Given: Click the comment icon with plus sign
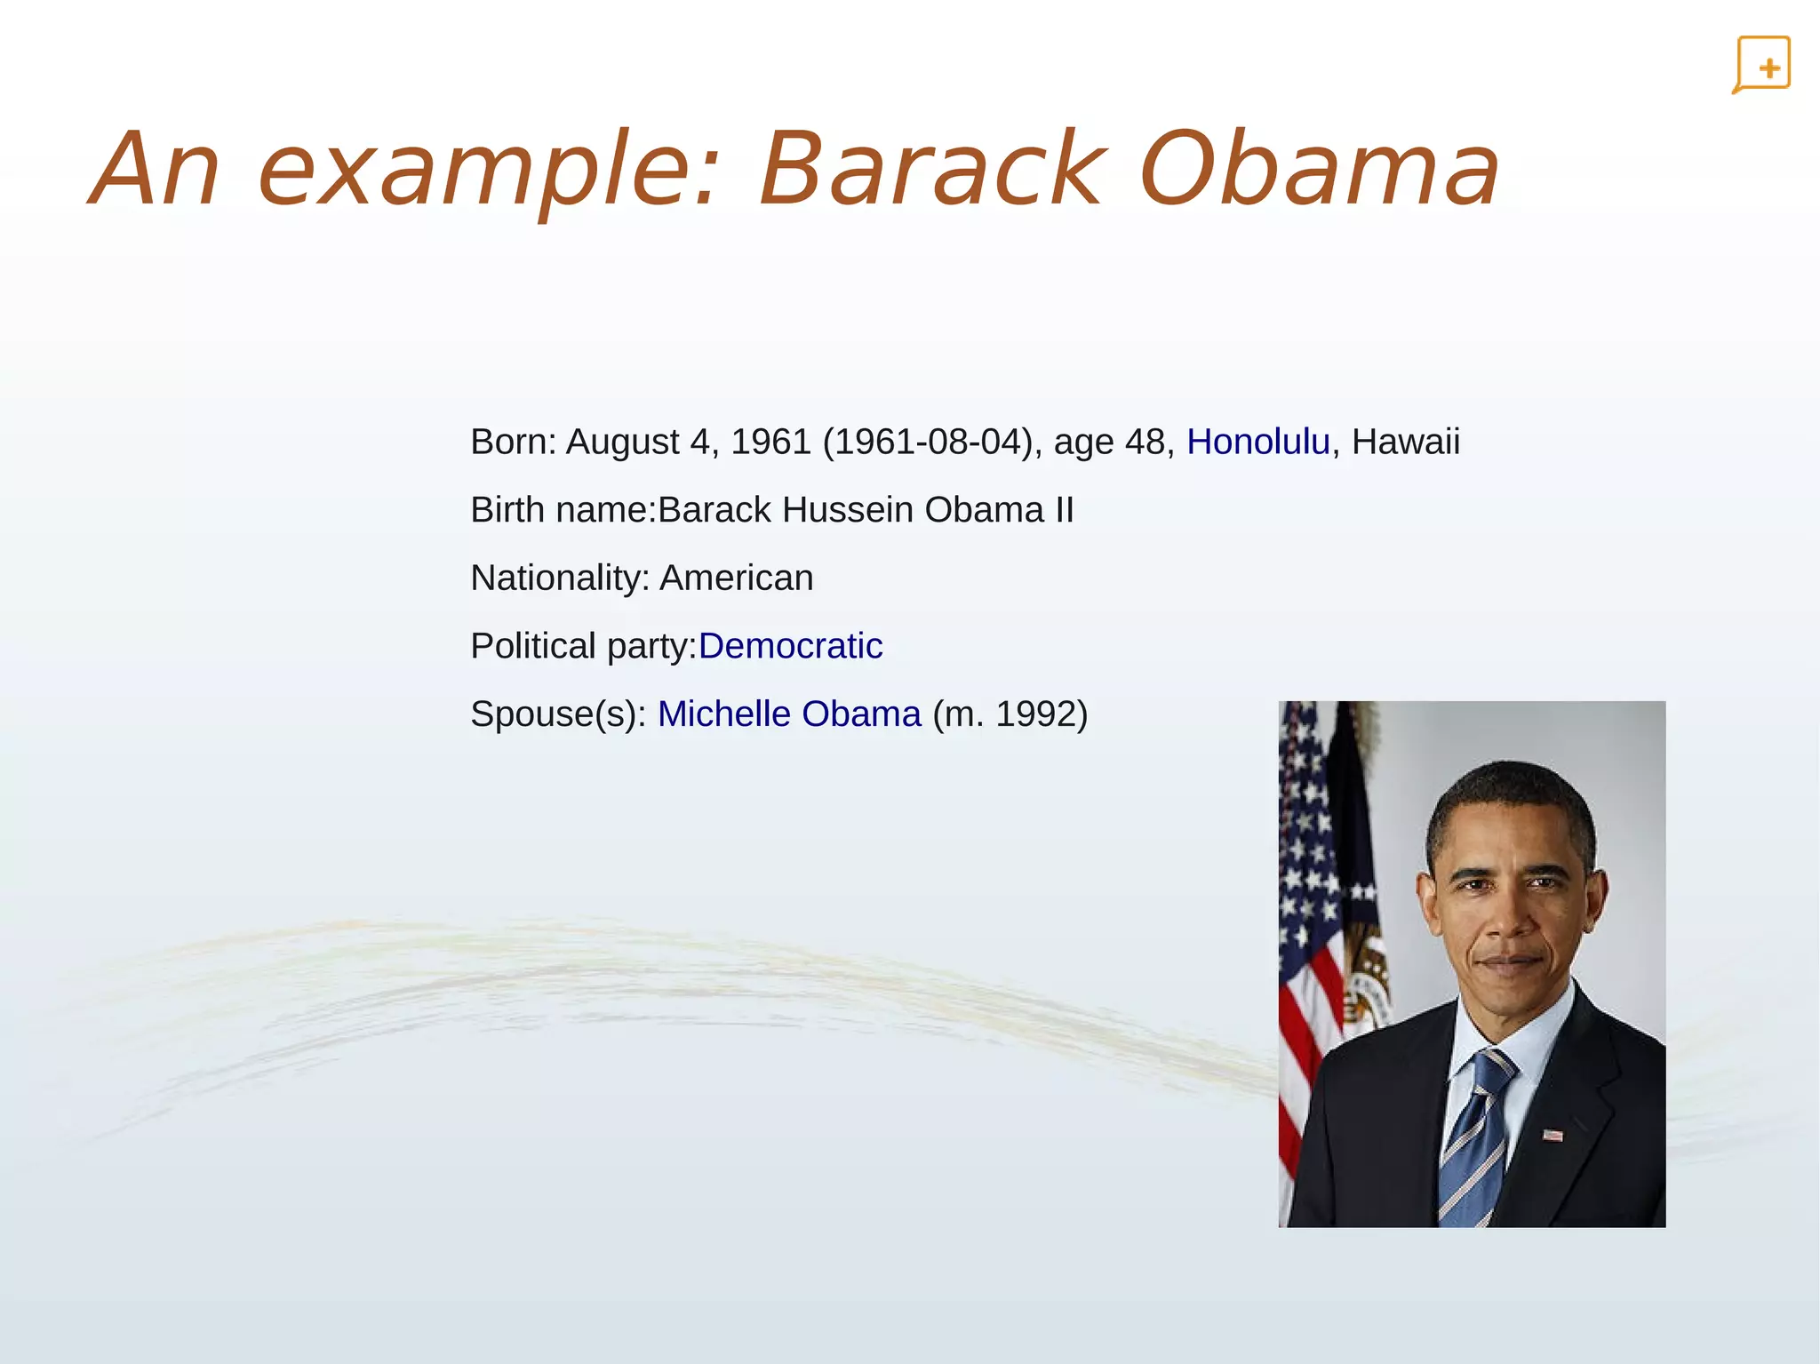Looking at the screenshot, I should click(x=1761, y=65).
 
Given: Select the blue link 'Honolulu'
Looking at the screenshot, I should click(x=1257, y=442).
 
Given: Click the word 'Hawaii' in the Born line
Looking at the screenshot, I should click(x=1405, y=442).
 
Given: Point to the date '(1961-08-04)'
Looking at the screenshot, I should click(x=927, y=442).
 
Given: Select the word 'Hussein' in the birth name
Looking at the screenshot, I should click(x=848, y=510).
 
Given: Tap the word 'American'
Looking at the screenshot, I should click(x=736, y=578).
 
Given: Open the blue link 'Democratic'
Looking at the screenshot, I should click(x=790, y=646).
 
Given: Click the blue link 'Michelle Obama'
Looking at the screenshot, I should click(x=789, y=714).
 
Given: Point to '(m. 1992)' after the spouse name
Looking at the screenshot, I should click(x=1010, y=714).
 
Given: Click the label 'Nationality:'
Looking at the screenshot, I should click(x=560, y=578).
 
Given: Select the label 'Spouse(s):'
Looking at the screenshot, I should click(x=558, y=714).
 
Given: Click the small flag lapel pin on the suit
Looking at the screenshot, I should click(x=1552, y=1135).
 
